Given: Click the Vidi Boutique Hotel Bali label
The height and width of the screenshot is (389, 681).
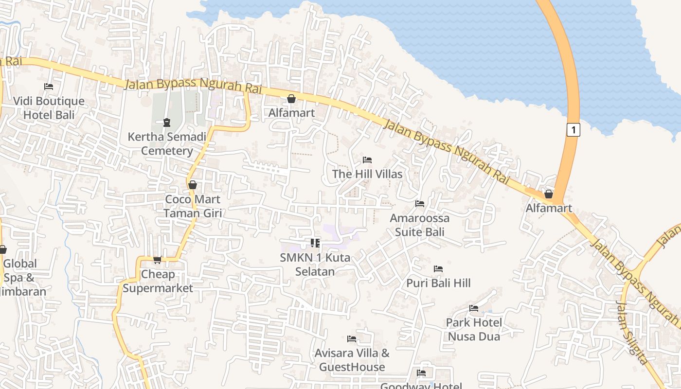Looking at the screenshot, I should coord(49,108).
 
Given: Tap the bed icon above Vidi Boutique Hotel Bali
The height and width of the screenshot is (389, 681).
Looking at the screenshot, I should coord(49,87).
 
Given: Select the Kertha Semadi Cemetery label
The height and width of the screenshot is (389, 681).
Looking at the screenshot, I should coord(167,143).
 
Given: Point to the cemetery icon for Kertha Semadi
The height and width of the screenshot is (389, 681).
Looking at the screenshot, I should coord(167,122).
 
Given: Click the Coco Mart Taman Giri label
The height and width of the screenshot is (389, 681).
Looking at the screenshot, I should coord(193,206).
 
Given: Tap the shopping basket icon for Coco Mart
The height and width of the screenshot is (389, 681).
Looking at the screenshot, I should coord(193,185).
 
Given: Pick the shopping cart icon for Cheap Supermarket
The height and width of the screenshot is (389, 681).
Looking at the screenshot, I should coord(157,260).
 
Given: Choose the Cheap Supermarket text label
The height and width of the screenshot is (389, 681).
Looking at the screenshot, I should coord(158,281).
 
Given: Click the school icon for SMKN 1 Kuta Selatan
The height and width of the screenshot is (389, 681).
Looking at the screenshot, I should coord(315,243).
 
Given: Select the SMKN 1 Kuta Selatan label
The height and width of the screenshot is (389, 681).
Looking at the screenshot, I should coord(315,264).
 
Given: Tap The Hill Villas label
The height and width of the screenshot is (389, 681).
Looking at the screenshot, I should coord(367,174).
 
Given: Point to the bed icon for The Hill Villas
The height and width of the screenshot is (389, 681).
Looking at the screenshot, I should coord(367,160).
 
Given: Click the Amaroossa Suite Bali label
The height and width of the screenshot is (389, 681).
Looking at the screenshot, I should coord(420,225).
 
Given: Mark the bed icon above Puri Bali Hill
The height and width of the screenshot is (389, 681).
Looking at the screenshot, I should coord(438,268).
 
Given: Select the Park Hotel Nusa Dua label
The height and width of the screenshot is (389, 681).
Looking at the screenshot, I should coord(474,329).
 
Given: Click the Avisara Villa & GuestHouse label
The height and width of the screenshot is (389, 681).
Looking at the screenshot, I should coord(352,360).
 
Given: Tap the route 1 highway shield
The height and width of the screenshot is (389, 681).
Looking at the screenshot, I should coord(574,130).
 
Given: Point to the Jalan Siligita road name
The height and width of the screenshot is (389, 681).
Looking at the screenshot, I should coord(631,333).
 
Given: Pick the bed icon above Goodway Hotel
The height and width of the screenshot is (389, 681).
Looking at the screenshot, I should coord(421,373).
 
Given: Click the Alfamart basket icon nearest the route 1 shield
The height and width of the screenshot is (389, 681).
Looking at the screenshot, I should coord(549,194).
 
